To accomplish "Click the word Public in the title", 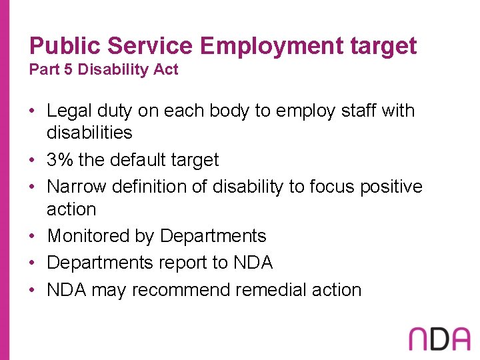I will pos(65,46).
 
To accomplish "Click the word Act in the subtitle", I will pos(165,70).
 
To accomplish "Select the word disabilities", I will pos(89,133).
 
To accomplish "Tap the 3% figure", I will pos(59,160).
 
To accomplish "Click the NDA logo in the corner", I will pos(439,339).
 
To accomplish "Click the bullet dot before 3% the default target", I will pos(33,161).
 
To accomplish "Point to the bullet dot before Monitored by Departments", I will pos(33,237).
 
